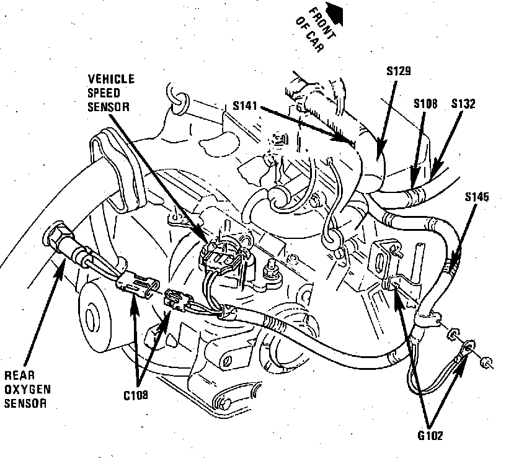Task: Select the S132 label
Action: point(463,104)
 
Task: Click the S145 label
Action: point(476,198)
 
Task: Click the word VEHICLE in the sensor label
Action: point(111,79)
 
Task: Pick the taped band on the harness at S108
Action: point(412,198)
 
